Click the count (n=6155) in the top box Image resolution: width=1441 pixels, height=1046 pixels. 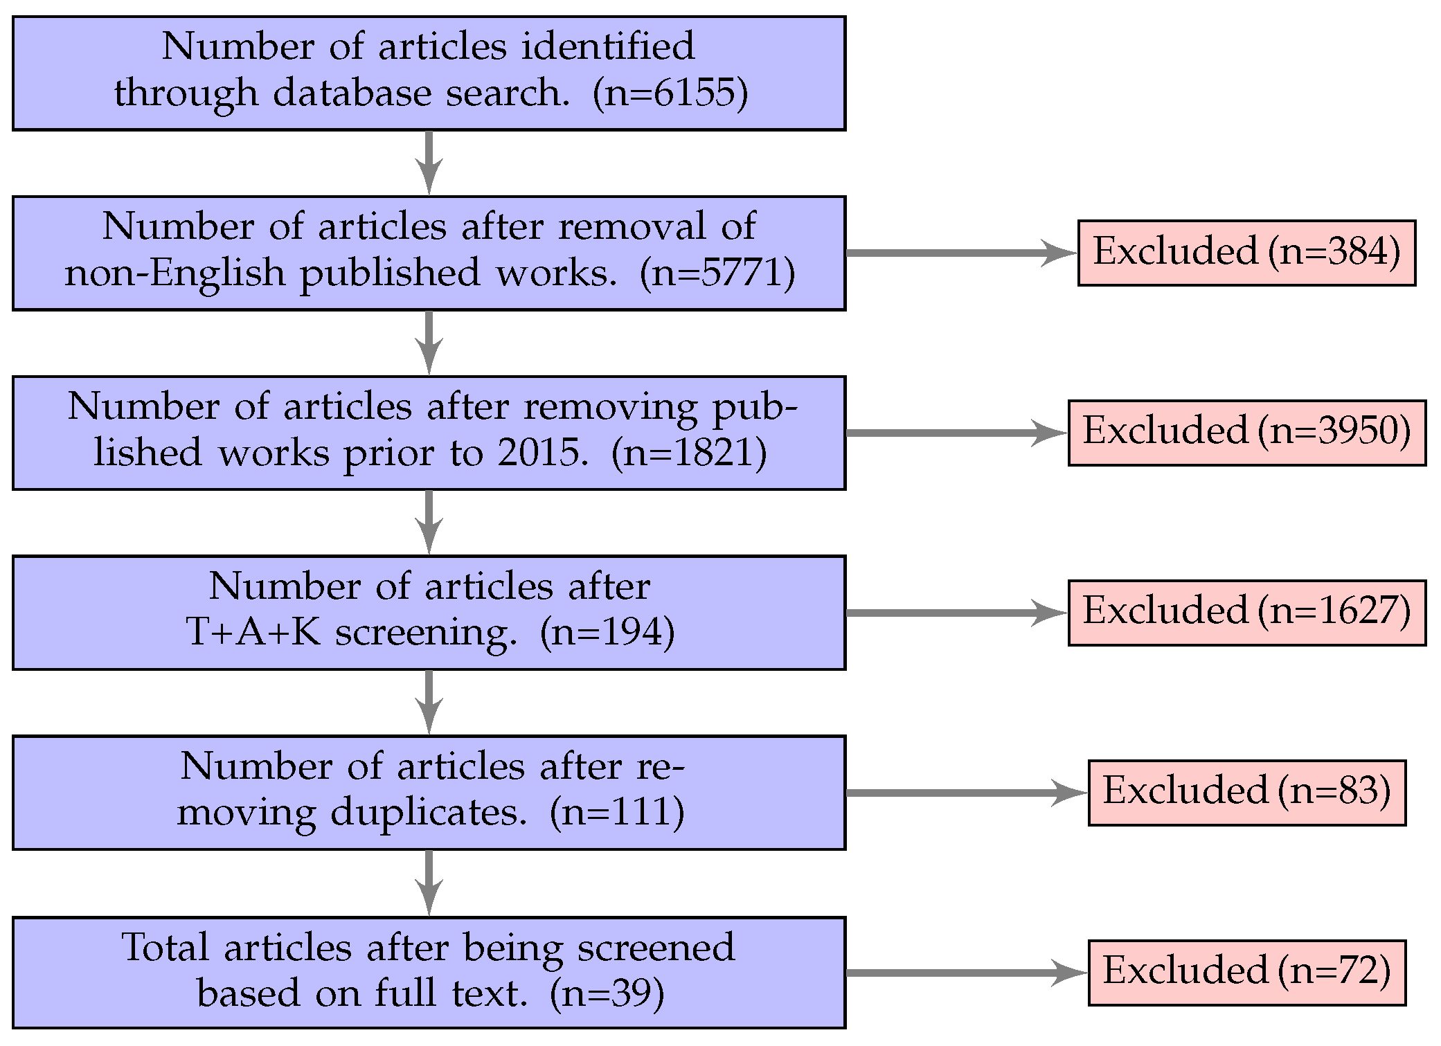pyautogui.click(x=670, y=93)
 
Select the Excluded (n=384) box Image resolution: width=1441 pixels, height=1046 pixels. pyautogui.click(x=1246, y=253)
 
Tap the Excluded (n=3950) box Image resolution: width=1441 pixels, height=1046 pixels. pyautogui.click(x=1246, y=433)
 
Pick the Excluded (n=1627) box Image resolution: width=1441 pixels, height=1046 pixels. pyautogui.click(x=1246, y=613)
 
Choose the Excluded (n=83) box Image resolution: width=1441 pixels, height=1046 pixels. pyautogui.click(x=1246, y=793)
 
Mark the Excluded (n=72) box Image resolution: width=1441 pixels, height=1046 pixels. pyautogui.click(x=1246, y=973)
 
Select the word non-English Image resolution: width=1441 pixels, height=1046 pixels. pyautogui.click(x=174, y=273)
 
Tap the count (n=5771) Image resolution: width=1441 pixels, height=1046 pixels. pyautogui.click(x=717, y=273)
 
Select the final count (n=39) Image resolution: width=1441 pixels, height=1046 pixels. pyautogui.click(x=607, y=993)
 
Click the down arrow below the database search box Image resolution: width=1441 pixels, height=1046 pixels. pyautogui.click(x=429, y=163)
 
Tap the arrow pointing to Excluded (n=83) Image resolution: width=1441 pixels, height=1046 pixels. pyautogui.click(x=966, y=793)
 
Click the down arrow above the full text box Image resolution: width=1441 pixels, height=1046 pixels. pyautogui.click(x=429, y=883)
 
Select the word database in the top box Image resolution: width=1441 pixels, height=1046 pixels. pyautogui.click(x=352, y=93)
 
